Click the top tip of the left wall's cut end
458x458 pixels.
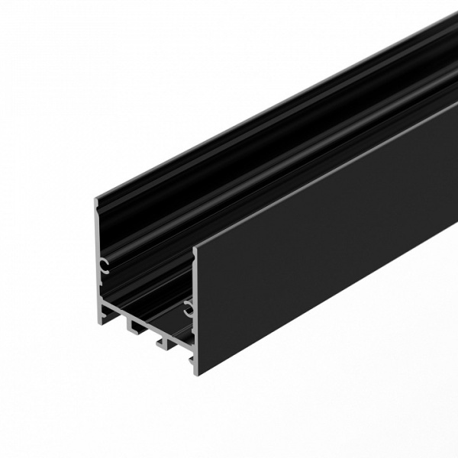coord(96,201)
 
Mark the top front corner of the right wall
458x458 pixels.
coord(195,248)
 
